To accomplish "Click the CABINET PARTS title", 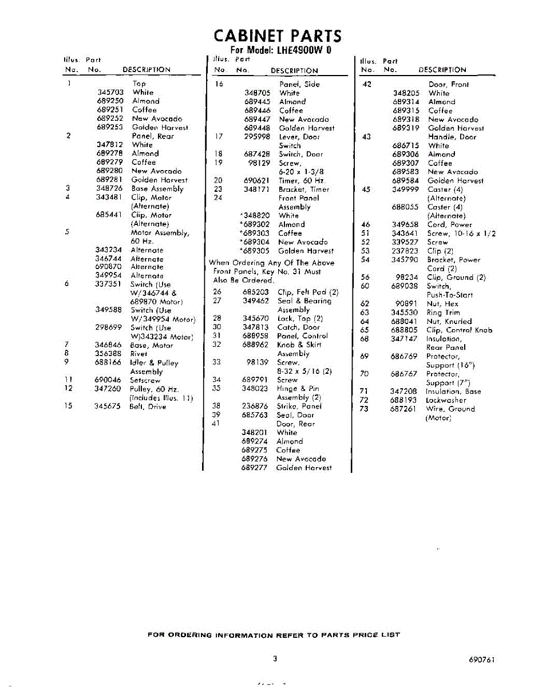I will click(277, 36).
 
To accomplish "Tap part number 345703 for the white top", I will click(110, 92).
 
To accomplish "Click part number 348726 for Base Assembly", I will click(110, 188).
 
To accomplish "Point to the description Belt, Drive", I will click(148, 406).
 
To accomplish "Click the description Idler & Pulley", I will click(154, 363).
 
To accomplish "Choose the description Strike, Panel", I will click(299, 406).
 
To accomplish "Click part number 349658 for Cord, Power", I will click(405, 224).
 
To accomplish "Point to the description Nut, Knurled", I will click(449, 321).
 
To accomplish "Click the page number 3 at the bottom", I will click(275, 659).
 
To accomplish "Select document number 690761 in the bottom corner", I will click(480, 660).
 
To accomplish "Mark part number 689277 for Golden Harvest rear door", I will click(255, 468).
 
